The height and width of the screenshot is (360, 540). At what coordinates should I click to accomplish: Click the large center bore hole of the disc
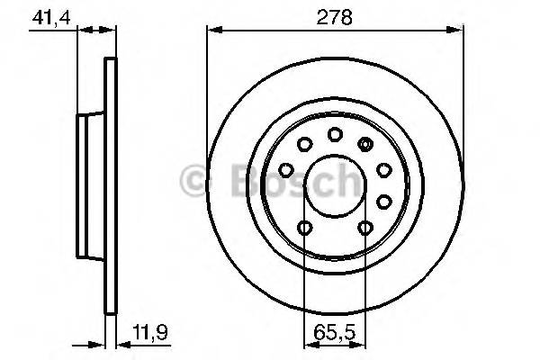click(x=335, y=184)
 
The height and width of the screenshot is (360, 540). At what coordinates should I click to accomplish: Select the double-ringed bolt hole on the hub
click(x=364, y=144)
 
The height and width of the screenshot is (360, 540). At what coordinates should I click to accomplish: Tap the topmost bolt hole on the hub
click(x=335, y=135)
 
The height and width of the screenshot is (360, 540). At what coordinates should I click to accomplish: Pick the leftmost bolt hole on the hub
click(x=286, y=169)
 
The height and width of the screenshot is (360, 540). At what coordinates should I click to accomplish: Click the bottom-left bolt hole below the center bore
click(x=305, y=228)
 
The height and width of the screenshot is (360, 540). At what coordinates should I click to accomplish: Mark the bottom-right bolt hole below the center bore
click(x=364, y=228)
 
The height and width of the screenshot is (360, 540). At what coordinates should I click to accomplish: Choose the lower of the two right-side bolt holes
click(x=383, y=200)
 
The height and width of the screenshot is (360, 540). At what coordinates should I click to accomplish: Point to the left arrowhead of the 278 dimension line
click(x=212, y=30)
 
